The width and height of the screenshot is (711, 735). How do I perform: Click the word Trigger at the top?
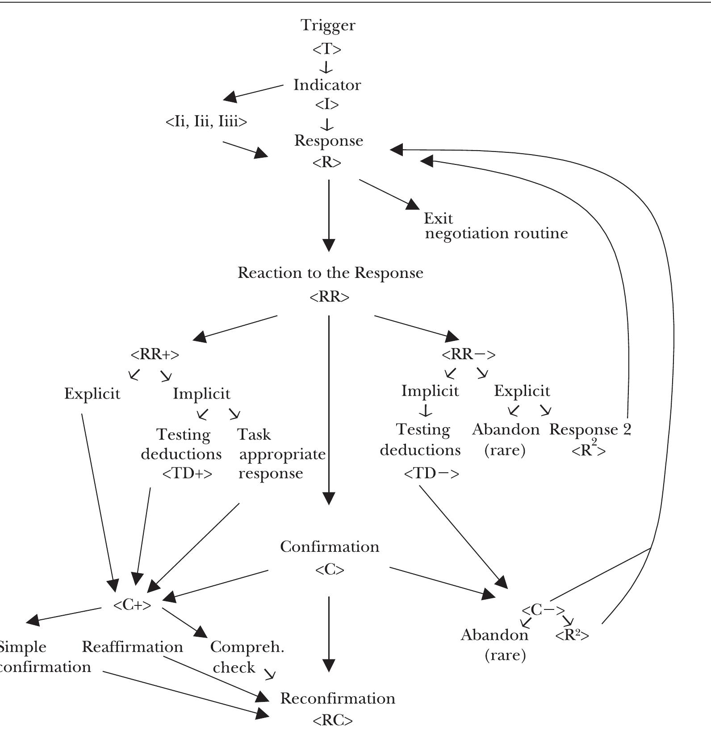(x=328, y=25)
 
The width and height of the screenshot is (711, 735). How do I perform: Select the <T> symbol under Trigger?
(x=327, y=49)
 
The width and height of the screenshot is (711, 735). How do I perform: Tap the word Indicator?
(x=327, y=85)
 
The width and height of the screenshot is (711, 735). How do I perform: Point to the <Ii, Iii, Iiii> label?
(x=206, y=122)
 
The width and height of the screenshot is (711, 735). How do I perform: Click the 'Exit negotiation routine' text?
(x=495, y=226)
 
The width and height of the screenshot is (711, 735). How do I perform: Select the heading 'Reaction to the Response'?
(x=330, y=273)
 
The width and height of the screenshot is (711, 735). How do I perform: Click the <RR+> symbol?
(x=155, y=354)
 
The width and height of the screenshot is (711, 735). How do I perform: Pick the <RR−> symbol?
(x=468, y=354)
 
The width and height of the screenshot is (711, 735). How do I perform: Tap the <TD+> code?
(x=187, y=473)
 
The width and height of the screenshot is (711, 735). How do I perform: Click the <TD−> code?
(x=431, y=473)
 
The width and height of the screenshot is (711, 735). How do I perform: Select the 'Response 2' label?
(x=590, y=429)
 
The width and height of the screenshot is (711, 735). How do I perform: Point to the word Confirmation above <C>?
(x=330, y=546)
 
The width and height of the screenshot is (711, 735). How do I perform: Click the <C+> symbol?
(x=132, y=605)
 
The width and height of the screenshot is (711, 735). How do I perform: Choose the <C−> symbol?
(x=543, y=610)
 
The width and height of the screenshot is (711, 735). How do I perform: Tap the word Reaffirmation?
(x=133, y=647)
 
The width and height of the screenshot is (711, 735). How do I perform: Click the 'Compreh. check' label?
(x=247, y=657)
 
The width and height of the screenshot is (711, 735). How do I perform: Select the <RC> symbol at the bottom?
(x=333, y=720)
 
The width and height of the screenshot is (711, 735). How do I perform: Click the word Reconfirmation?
(x=338, y=698)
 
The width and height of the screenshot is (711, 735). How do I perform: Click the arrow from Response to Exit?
(x=389, y=194)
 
